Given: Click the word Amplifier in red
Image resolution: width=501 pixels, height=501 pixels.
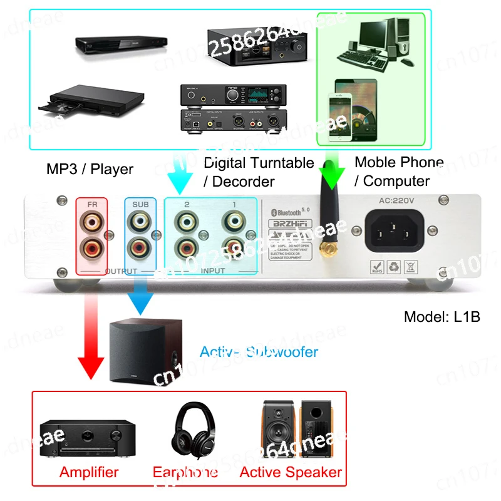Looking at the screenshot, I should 89,472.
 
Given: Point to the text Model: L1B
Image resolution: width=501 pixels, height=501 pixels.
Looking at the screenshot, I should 442,316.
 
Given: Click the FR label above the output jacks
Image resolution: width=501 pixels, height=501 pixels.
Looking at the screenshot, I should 91,205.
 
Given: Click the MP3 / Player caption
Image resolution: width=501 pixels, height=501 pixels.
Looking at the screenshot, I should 90,168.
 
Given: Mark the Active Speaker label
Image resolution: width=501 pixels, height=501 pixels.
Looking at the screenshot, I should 291,472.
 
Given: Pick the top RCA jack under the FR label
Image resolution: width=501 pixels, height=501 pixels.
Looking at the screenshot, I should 91,220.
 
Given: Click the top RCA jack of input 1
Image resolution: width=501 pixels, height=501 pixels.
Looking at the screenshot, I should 234,220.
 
